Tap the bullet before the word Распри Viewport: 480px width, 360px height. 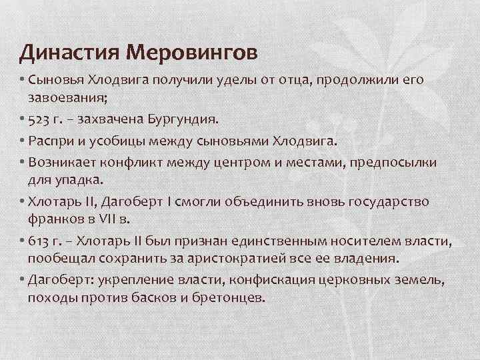[23, 142]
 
